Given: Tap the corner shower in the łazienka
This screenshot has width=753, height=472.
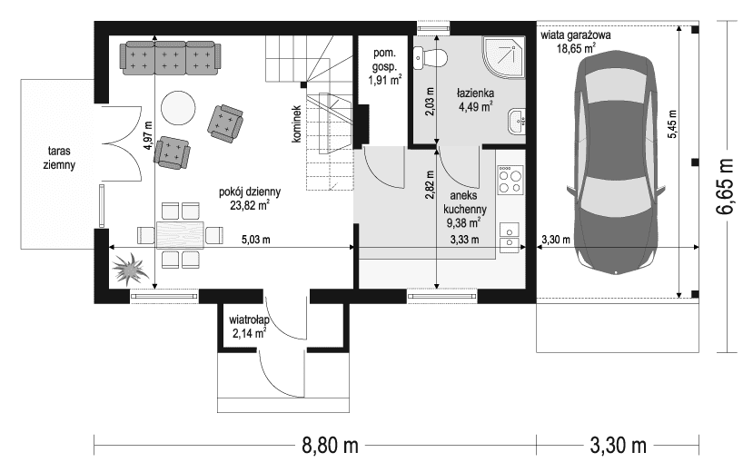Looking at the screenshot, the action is pyautogui.click(x=504, y=57).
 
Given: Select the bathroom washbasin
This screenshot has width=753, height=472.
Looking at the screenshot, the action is pyautogui.click(x=516, y=122).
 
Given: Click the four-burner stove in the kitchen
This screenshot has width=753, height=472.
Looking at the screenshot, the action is pyautogui.click(x=510, y=180).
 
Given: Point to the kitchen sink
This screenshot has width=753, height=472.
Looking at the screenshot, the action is pyautogui.click(x=510, y=238).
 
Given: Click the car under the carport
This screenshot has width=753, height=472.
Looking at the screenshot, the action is pyautogui.click(x=616, y=165).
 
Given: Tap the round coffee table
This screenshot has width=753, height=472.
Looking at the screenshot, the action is pyautogui.click(x=178, y=108).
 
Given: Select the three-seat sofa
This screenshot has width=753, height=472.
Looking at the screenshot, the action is pyautogui.click(x=171, y=58).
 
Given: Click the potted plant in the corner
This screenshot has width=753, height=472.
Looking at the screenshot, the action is pyautogui.click(x=128, y=270).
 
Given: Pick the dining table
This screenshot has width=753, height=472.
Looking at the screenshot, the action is pyautogui.click(x=180, y=235).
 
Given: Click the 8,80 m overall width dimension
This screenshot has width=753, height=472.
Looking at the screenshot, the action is pyautogui.click(x=330, y=446).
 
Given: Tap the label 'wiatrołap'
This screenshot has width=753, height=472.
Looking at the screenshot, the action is pyautogui.click(x=249, y=320).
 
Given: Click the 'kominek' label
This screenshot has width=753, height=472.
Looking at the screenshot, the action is pyautogui.click(x=296, y=123).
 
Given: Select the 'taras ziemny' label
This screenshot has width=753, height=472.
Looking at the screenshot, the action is pyautogui.click(x=59, y=158).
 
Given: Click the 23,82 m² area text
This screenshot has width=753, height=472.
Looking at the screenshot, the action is pyautogui.click(x=250, y=205).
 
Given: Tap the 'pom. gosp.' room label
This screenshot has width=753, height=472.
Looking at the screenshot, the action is pyautogui.click(x=384, y=60).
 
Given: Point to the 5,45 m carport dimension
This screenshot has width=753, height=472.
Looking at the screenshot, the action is pyautogui.click(x=672, y=123).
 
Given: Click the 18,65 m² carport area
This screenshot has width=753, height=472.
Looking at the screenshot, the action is pyautogui.click(x=576, y=48).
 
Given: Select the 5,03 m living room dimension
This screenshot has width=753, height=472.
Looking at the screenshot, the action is pyautogui.click(x=256, y=240).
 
